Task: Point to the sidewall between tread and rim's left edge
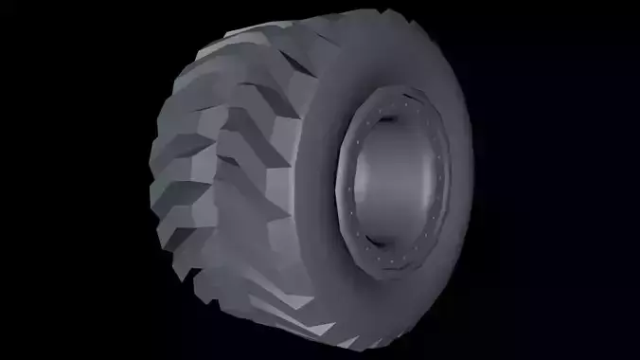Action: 317,180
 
